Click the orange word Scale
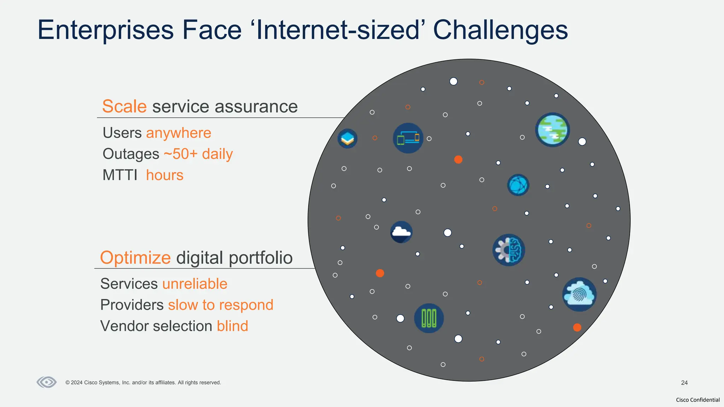tap(124, 106)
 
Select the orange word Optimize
tap(135, 258)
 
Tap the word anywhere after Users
tap(179, 133)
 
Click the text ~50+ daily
tap(198, 154)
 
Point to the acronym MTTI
tap(120, 175)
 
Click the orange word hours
tap(165, 175)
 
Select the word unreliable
tap(195, 284)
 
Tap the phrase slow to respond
tap(221, 305)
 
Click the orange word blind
tap(232, 326)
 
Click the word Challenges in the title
tap(500, 30)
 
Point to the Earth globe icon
tap(552, 130)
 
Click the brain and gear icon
tap(508, 250)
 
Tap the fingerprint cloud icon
tap(579, 294)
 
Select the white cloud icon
tap(401, 232)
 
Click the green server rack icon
tap(429, 318)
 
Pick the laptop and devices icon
tap(408, 138)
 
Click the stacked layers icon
tap(348, 138)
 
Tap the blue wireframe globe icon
tap(518, 185)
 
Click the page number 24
tap(684, 383)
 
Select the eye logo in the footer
tap(47, 382)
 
